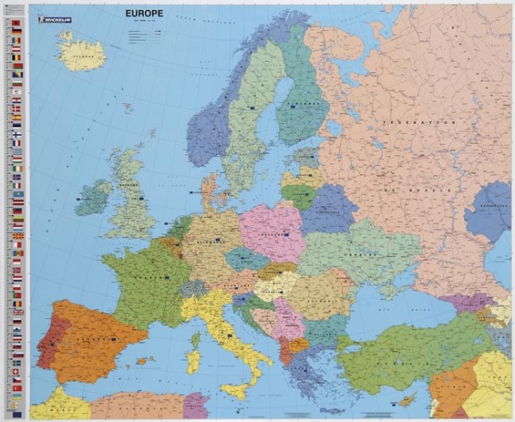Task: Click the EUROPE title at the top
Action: coord(145,14)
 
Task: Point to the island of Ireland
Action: coord(93,198)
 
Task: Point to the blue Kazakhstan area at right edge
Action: coord(491,209)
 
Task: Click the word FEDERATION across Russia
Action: coord(419,123)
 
